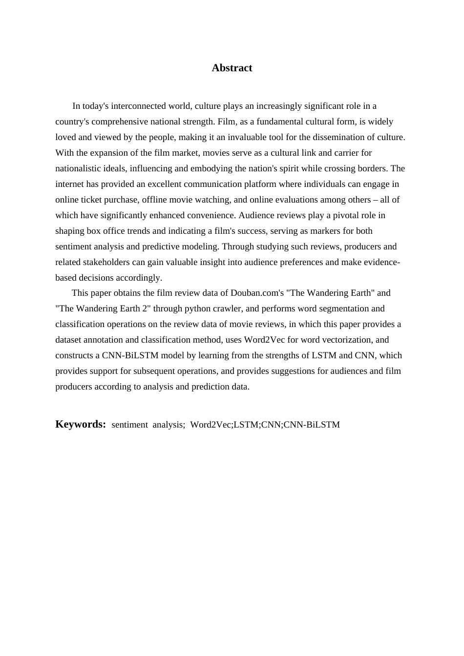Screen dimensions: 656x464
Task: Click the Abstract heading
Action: click(232, 68)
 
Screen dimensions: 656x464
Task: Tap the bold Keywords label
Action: click(81, 424)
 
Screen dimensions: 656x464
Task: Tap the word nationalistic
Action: click(79, 168)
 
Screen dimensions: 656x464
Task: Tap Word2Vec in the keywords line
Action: click(211, 425)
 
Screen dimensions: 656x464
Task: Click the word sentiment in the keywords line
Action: click(129, 425)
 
